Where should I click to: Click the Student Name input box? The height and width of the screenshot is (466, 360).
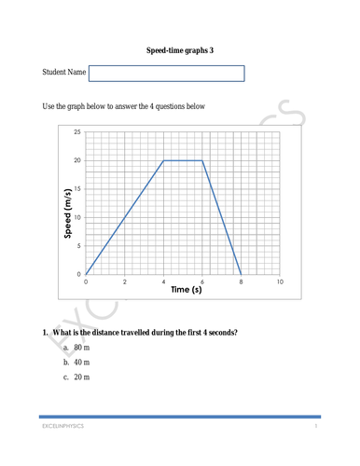coord(167,73)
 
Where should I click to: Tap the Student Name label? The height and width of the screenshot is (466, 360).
coord(64,73)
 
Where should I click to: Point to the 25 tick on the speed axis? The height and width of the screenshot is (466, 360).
coord(76,132)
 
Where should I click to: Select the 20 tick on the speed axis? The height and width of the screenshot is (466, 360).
coord(76,161)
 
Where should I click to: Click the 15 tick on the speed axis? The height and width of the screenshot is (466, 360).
coord(76,189)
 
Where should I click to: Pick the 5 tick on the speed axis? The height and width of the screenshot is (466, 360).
coord(76,246)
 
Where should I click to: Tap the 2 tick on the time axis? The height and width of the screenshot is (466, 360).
coord(125,281)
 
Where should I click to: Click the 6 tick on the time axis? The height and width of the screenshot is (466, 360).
coord(202,281)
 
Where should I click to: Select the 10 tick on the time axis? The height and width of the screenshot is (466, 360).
coord(280,281)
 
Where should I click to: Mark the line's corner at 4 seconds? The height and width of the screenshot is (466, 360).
coord(164,161)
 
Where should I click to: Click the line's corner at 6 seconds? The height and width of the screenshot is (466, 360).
coord(202,161)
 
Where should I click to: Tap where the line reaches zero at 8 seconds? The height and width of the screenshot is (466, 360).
coord(242,274)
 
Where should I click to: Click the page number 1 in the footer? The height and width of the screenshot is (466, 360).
coord(316,426)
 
